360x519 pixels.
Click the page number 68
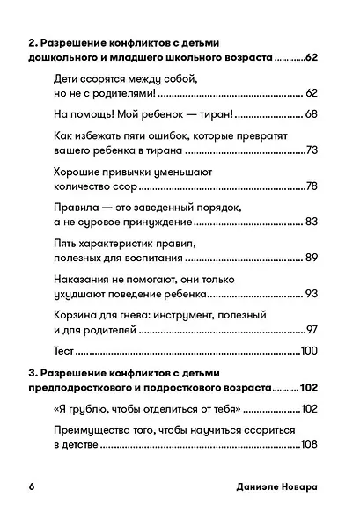[309, 115]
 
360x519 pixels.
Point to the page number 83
[309, 222]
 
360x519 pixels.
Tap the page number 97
[310, 330]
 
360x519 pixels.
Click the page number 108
[306, 445]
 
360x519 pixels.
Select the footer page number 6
[31, 486]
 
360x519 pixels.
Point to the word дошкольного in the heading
[67, 58]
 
